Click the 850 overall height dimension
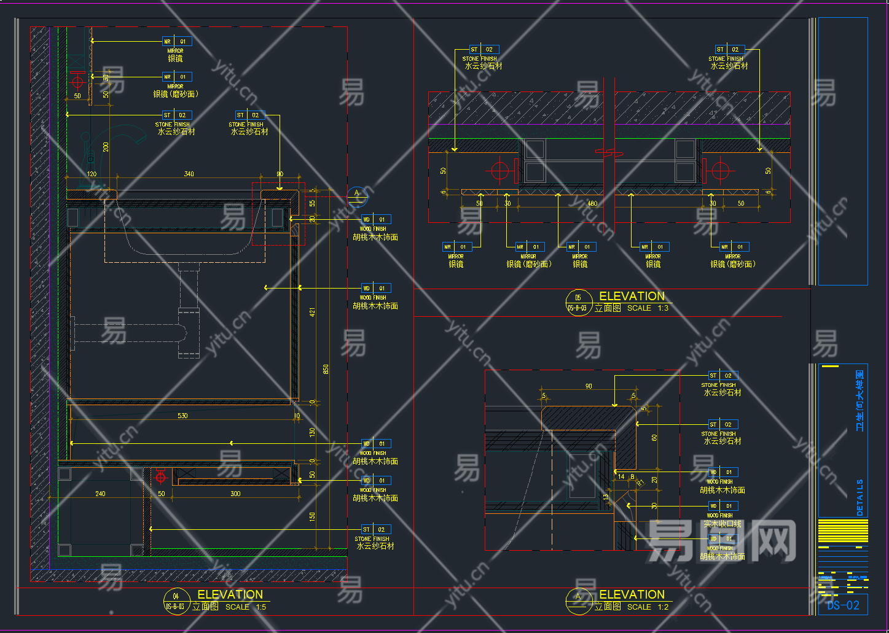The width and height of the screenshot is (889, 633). pyautogui.click(x=326, y=369)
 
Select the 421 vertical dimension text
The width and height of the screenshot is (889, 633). pyautogui.click(x=312, y=312)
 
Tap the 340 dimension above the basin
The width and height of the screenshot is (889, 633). pyautogui.click(x=189, y=174)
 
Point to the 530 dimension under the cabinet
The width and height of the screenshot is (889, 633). pyautogui.click(x=182, y=416)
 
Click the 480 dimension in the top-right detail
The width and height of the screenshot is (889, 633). pyautogui.click(x=592, y=203)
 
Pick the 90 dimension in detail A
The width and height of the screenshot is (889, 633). pyautogui.click(x=589, y=386)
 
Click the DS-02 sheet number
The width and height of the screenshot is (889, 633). pyautogui.click(x=843, y=605)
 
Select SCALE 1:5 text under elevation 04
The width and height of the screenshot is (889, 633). pyautogui.click(x=246, y=607)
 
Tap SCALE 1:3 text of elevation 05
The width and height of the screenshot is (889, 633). pyautogui.click(x=648, y=308)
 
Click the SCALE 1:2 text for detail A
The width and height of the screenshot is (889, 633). pyautogui.click(x=648, y=607)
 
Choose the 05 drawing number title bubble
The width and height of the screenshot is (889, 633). pyautogui.click(x=578, y=302)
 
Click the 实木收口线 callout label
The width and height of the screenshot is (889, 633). pyautogui.click(x=723, y=524)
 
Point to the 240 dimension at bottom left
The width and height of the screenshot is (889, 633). pyautogui.click(x=100, y=494)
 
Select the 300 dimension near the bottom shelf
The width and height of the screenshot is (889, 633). pyautogui.click(x=235, y=494)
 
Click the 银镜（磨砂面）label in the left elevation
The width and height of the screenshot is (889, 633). pyautogui.click(x=176, y=94)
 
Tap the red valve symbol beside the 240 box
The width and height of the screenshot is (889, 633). pyautogui.click(x=161, y=475)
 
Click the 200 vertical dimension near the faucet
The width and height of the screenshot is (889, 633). pyautogui.click(x=106, y=147)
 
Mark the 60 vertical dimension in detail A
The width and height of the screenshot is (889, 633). pyautogui.click(x=654, y=438)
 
